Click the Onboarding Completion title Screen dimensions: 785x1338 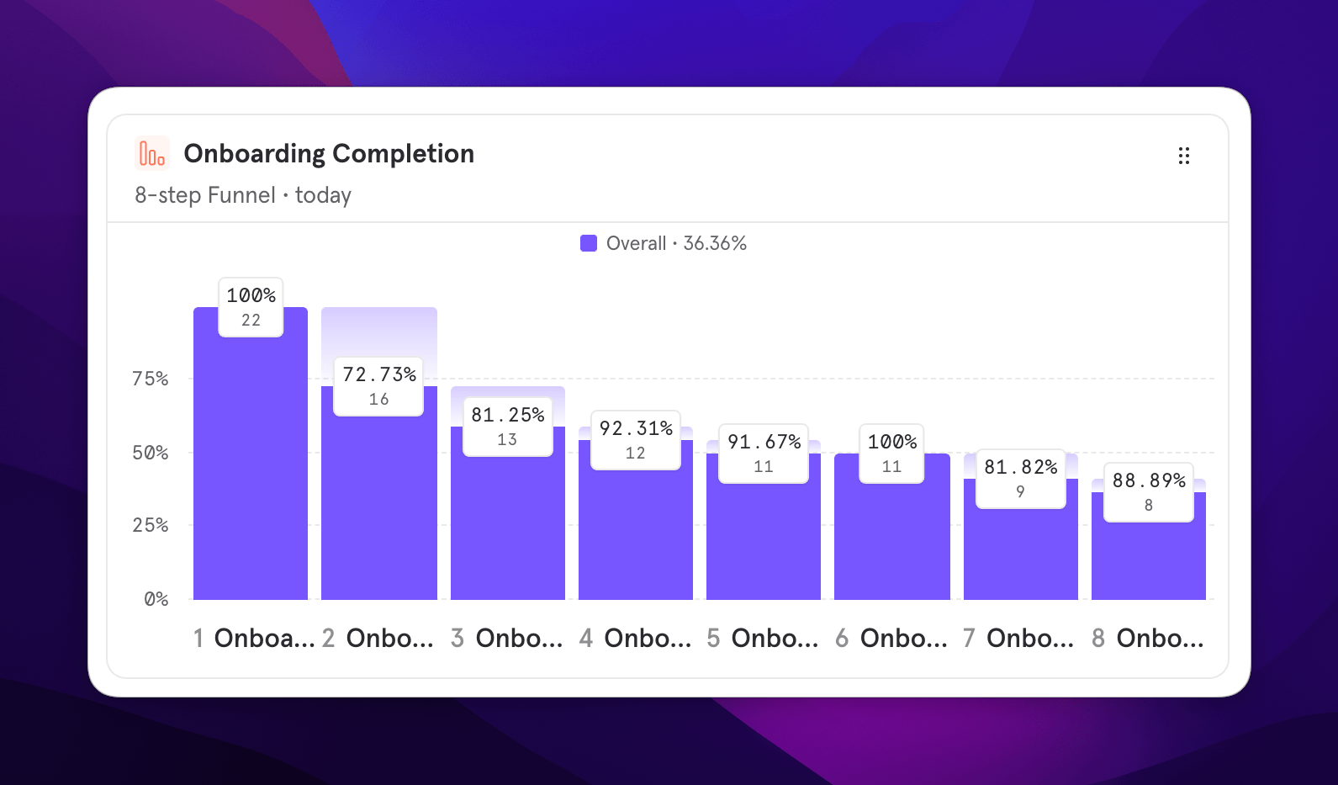329,154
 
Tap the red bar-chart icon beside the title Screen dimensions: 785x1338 151,154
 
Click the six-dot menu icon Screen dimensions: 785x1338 1183,156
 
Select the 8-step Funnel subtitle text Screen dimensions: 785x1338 204,195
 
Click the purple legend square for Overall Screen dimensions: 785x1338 589,243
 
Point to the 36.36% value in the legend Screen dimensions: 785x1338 715,243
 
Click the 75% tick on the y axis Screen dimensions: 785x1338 151,379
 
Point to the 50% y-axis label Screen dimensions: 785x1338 151,453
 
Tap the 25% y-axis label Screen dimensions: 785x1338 151,525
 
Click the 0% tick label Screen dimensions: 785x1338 156,599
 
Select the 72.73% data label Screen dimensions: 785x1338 379,385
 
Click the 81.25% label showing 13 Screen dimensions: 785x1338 508,426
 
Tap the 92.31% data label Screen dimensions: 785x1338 636,439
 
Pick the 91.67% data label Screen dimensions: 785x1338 764,453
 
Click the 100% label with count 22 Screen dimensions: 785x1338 251,306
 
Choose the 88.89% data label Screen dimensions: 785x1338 1149,491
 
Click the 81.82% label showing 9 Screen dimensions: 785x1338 1021,478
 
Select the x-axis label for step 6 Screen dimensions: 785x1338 891,639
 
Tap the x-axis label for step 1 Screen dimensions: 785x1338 254,639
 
